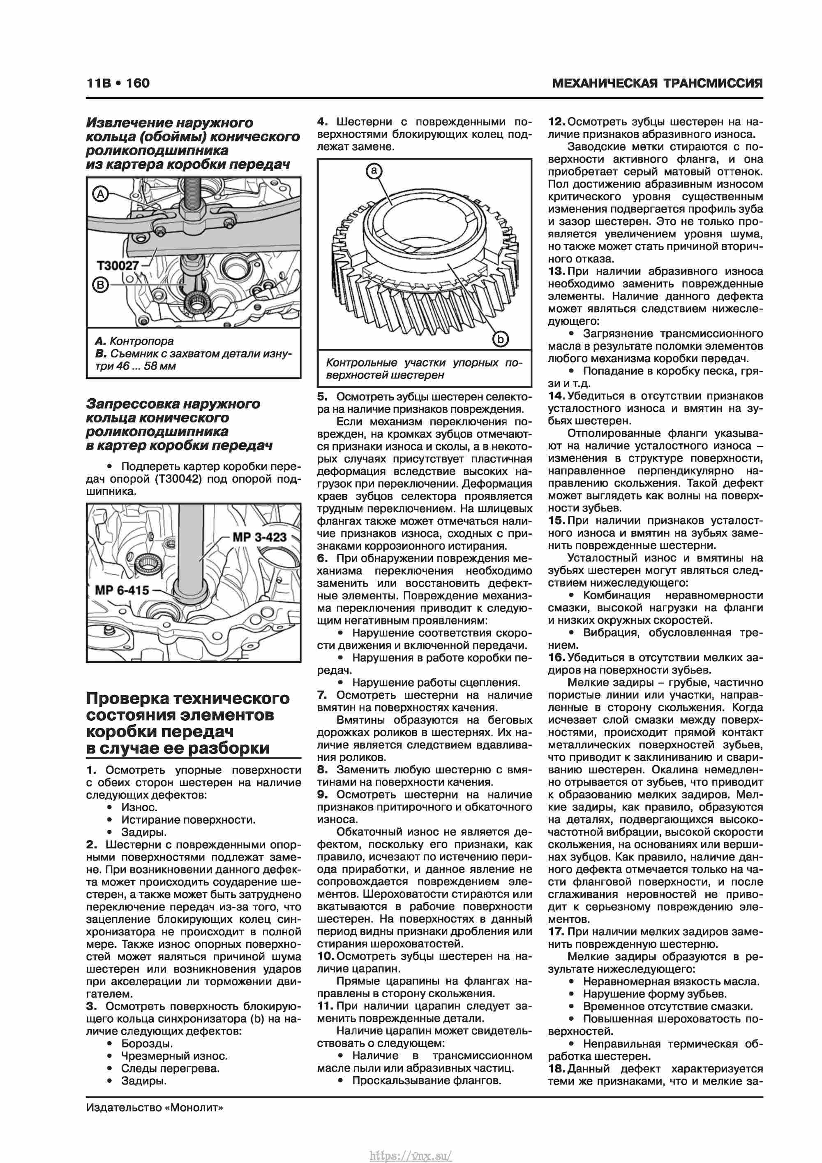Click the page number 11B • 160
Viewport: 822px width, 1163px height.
click(118, 83)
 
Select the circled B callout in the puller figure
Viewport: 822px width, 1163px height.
click(100, 285)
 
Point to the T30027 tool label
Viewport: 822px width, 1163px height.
click(118, 265)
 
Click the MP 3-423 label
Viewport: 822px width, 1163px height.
click(260, 537)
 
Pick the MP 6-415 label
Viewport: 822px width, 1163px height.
click(122, 590)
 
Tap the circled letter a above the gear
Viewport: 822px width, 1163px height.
click(374, 171)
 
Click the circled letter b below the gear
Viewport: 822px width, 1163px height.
click(500, 339)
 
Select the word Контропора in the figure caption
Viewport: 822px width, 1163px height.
click(142, 341)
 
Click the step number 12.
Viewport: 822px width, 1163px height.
click(556, 122)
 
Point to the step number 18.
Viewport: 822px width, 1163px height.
click(556, 1069)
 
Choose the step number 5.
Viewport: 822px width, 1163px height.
click(322, 397)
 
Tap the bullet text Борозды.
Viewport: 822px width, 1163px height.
click(147, 1044)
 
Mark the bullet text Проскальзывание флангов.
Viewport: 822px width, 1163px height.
click(426, 1081)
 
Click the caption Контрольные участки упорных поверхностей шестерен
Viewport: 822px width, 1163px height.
click(424, 369)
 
